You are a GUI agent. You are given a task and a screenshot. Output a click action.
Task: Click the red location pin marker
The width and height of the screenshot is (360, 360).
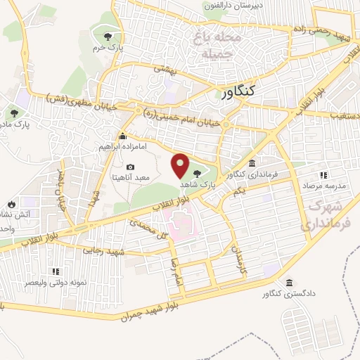pyautogui.click(x=181, y=165)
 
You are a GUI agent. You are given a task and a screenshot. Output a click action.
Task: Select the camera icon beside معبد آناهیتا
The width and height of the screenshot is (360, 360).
pyautogui.click(x=130, y=167)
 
